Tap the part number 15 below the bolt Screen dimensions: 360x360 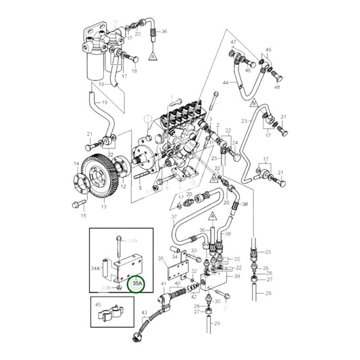click(x=84, y=216)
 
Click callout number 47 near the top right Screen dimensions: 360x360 click(x=233, y=43)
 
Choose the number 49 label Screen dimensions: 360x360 click(x=268, y=51)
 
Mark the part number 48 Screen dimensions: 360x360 click(x=276, y=86)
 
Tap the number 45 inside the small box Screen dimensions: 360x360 click(x=99, y=304)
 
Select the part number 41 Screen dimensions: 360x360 click(x=163, y=284)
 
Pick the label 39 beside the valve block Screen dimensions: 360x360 click(x=238, y=276)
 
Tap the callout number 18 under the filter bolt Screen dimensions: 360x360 click(x=134, y=70)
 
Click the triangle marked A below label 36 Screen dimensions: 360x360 click(x=154, y=51)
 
